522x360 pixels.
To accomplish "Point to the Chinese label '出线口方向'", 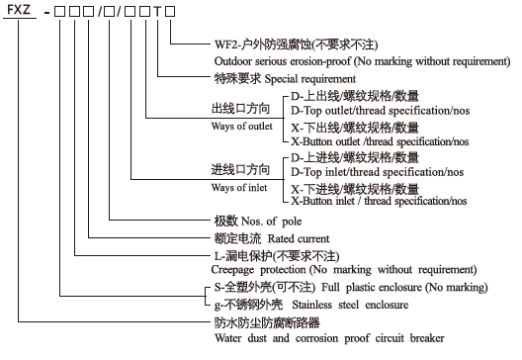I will (239, 108).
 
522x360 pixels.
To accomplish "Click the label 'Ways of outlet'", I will (242, 126).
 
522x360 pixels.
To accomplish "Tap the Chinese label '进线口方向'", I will (239, 170).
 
